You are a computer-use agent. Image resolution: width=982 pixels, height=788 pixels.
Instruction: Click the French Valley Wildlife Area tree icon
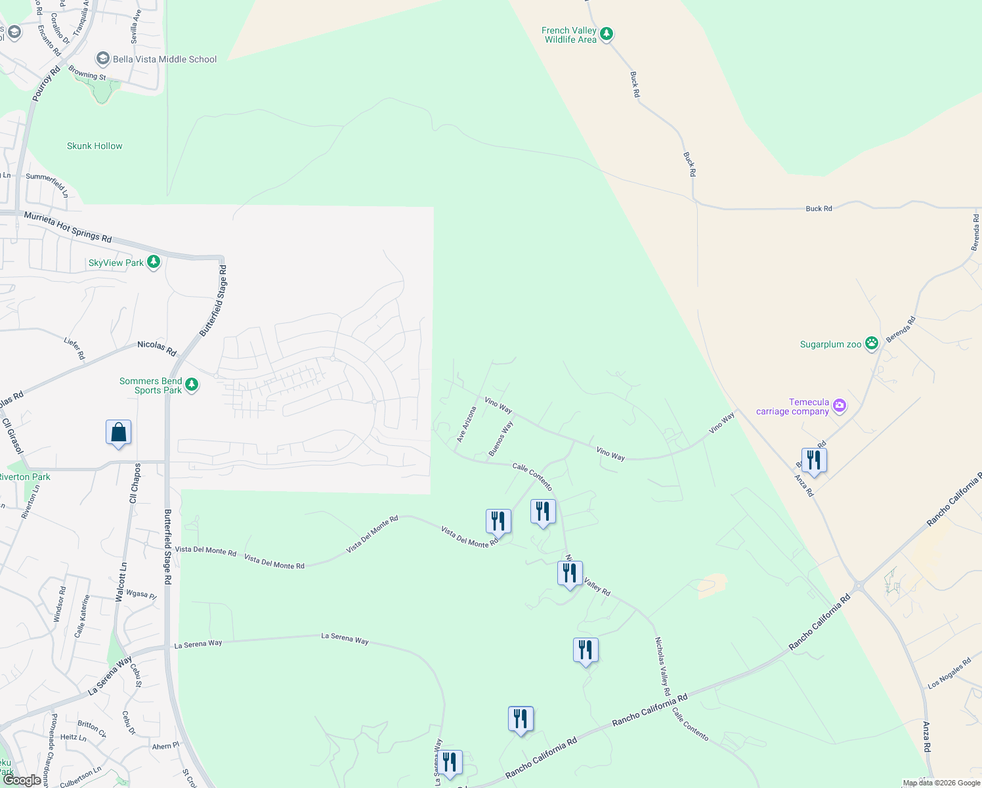pyautogui.click(x=607, y=34)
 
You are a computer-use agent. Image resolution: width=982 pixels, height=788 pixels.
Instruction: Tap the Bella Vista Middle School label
pyautogui.click(x=164, y=59)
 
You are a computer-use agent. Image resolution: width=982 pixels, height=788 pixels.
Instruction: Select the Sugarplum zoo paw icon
pyautogui.click(x=872, y=343)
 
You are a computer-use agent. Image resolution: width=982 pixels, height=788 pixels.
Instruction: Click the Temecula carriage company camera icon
pyautogui.click(x=840, y=406)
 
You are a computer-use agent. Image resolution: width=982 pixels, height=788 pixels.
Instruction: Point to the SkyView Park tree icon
pyautogui.click(x=154, y=262)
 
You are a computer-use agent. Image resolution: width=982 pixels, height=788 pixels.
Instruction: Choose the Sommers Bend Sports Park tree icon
pyautogui.click(x=192, y=385)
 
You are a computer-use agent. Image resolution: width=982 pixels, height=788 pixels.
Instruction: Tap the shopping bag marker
pyautogui.click(x=118, y=433)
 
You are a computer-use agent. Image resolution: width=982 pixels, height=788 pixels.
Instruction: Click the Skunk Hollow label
pyautogui.click(x=95, y=146)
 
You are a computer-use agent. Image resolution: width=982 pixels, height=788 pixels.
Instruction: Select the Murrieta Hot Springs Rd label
pyautogui.click(x=68, y=227)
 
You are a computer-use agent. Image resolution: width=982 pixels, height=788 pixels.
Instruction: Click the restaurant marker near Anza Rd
pyautogui.click(x=814, y=460)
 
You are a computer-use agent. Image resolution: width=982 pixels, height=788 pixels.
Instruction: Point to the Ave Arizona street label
pyautogui.click(x=467, y=424)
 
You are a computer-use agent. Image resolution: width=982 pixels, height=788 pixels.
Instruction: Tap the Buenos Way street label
pyautogui.click(x=501, y=439)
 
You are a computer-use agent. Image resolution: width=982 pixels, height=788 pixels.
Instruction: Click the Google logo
pyautogui.click(x=22, y=780)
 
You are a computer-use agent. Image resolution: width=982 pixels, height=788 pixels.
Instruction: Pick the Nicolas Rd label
pyautogui.click(x=157, y=348)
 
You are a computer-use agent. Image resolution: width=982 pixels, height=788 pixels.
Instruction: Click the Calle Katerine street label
pyautogui.click(x=82, y=617)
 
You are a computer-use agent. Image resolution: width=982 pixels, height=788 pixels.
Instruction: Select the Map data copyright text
pyautogui.click(x=941, y=783)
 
